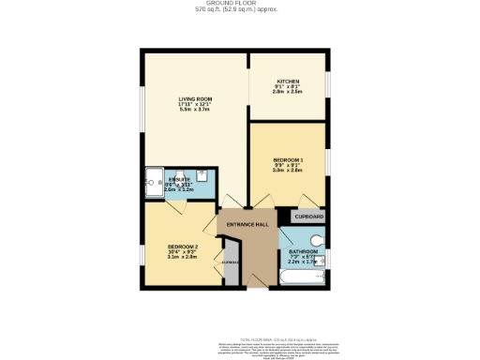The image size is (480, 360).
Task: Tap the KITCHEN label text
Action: (288, 81)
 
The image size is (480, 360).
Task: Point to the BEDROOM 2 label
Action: (170, 246)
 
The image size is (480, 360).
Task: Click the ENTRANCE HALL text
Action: (248, 225)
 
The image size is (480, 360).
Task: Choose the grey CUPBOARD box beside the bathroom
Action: (309, 217)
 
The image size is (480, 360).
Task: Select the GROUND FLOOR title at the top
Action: (240, 4)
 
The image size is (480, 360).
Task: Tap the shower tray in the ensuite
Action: (155, 184)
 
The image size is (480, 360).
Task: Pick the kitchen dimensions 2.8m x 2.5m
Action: (288, 93)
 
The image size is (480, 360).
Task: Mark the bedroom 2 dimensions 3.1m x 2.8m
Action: (170, 257)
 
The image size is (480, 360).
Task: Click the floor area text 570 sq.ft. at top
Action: (240, 10)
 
